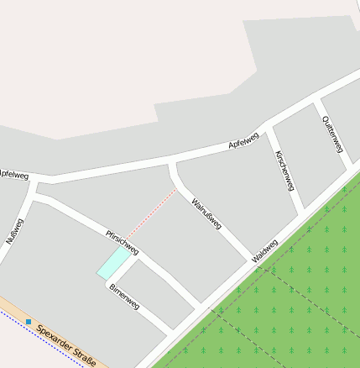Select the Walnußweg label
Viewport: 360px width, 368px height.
(206, 214)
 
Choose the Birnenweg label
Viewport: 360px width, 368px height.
(123, 297)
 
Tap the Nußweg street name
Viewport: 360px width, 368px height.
(15, 231)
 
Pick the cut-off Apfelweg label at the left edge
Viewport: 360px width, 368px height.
(13, 176)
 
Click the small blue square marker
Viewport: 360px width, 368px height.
(29, 322)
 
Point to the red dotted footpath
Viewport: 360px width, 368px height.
(153, 213)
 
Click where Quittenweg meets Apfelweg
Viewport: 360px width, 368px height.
(316, 103)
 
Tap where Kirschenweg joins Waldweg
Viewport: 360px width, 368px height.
(300, 214)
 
